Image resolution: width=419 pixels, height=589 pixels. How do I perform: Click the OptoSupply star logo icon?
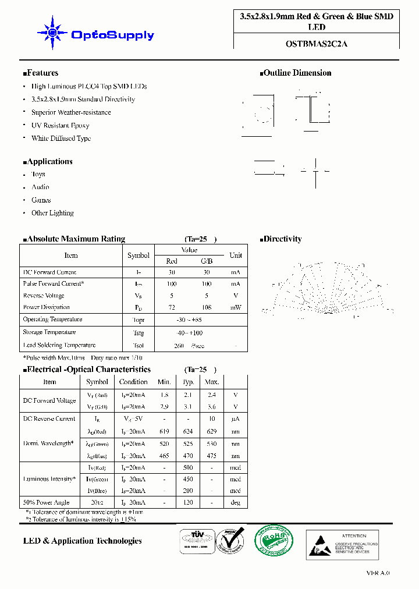[51, 33]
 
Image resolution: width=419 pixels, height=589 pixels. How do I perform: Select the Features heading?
[41, 73]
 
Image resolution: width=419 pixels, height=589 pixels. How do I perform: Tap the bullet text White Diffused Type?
[61, 139]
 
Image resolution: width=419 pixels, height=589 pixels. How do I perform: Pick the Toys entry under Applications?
[38, 174]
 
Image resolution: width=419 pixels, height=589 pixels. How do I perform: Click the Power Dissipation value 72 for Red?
[172, 307]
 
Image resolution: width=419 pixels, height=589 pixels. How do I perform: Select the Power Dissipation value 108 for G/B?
[206, 307]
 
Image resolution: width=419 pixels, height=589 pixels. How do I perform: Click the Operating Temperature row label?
[52, 320]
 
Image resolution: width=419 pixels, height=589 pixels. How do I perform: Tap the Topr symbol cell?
[139, 321]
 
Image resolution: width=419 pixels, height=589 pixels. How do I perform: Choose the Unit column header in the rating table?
[236, 256]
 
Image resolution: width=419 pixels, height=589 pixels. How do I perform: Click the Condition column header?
[133, 382]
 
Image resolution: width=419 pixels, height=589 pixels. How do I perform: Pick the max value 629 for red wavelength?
[212, 432]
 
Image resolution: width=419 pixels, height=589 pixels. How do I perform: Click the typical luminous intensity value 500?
[188, 468]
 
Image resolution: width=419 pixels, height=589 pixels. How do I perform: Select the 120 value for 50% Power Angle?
[188, 503]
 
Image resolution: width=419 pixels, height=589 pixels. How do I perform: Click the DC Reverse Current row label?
[49, 418]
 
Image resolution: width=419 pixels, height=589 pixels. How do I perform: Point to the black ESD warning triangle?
[321, 545]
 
